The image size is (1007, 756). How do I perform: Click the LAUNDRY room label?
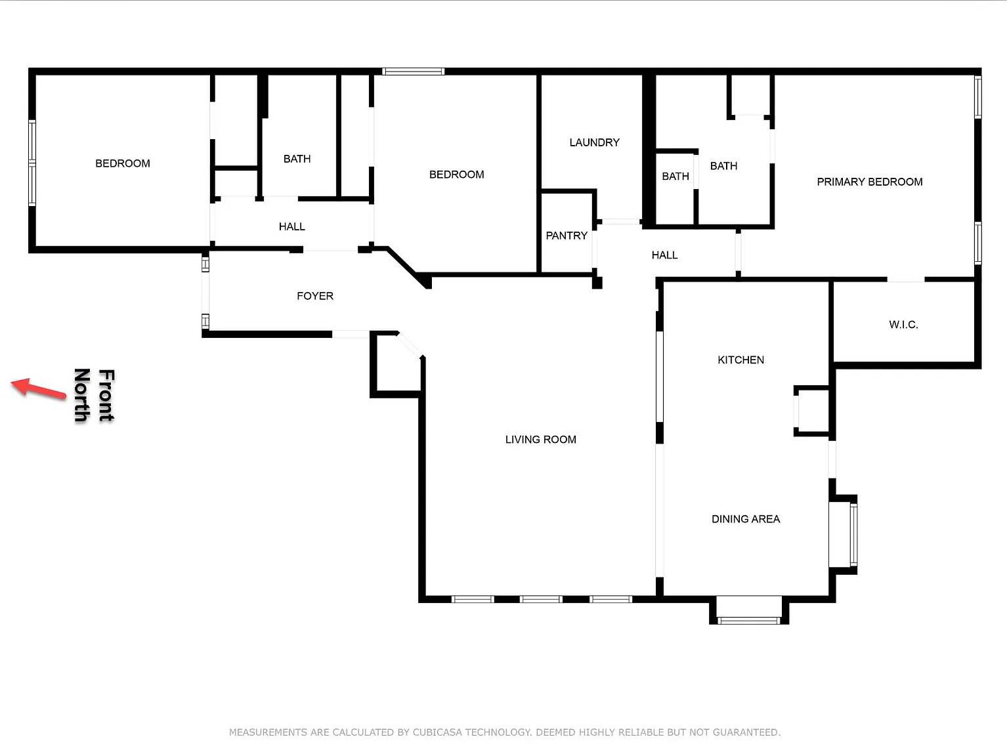594,142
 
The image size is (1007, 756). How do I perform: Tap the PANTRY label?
567,236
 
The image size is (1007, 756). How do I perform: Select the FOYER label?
315,296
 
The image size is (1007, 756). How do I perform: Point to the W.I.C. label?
903,325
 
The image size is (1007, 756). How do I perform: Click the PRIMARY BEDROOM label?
869,182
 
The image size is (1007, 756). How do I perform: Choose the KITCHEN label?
740,360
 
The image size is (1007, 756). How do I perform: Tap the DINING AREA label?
746,519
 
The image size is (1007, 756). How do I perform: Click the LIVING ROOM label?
540,440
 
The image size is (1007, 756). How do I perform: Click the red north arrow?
39,388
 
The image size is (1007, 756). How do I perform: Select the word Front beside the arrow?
106,395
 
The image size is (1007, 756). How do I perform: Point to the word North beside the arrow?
81,395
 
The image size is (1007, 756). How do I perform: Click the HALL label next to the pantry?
664,255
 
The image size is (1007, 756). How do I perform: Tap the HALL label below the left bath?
291,226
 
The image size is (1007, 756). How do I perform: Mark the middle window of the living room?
541,599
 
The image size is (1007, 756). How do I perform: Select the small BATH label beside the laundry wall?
675,177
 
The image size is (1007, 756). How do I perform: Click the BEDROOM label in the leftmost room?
123,163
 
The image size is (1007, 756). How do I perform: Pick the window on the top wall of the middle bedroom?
414,72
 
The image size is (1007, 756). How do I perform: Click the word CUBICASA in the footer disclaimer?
437,732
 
